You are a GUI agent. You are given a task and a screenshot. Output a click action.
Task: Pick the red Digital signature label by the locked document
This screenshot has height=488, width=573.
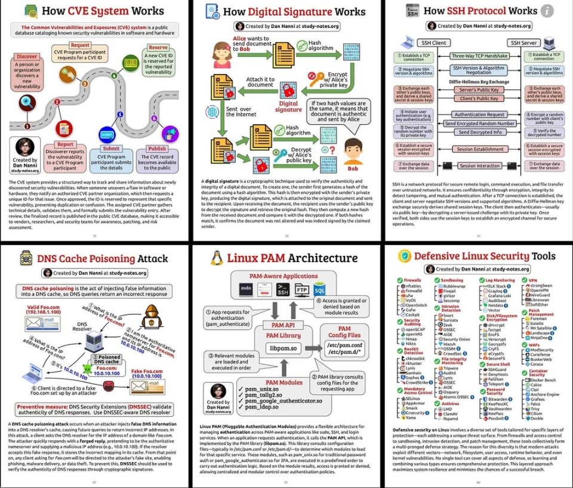(x=289, y=106)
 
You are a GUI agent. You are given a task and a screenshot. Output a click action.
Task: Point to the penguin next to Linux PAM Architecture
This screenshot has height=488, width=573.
(x=217, y=258)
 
